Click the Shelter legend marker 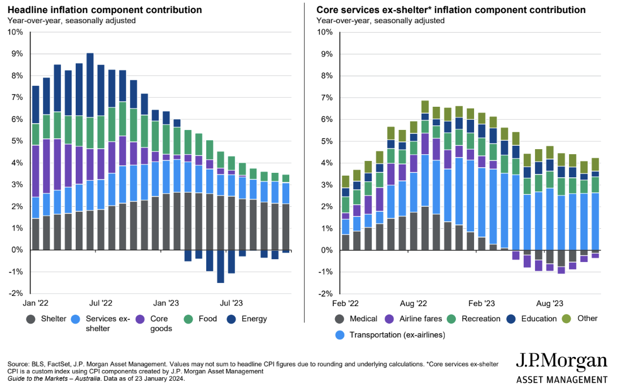(32, 319)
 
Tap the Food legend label (207, 319)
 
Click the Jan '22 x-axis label (35, 303)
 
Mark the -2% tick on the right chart (324, 294)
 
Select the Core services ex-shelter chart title (451, 10)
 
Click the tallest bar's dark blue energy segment (90, 85)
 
